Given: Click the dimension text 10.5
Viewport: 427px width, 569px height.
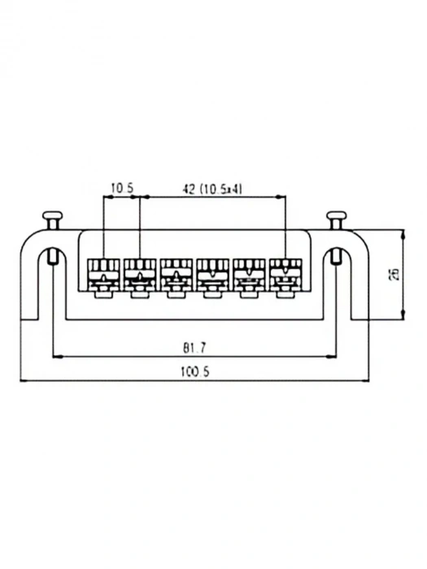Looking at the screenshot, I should click(122, 188).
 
